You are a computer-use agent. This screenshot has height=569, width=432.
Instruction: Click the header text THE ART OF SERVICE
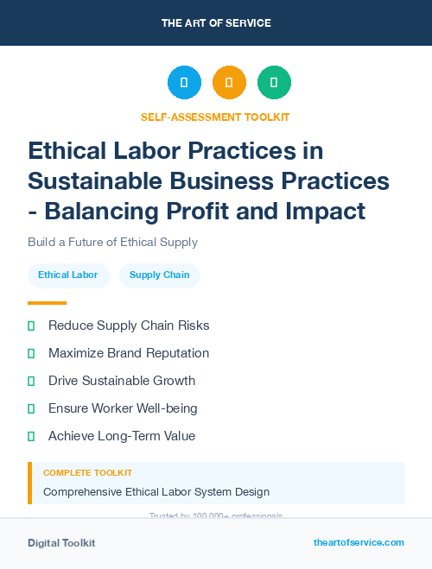216,23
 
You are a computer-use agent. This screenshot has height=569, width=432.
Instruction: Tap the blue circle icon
184,83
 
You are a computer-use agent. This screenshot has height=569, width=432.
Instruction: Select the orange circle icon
229,83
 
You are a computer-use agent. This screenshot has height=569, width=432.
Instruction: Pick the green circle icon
274,83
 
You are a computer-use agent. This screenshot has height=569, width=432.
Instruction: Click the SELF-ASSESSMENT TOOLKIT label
215,117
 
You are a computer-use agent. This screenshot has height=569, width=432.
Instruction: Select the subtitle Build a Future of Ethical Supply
112,243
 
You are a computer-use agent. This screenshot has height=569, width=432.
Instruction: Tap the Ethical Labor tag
68,275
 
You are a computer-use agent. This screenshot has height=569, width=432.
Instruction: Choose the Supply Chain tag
159,275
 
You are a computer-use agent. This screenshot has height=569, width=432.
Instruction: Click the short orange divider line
47,303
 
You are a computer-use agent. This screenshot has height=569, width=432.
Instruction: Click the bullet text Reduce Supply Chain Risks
129,326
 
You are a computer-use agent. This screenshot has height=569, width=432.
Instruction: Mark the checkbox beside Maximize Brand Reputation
31,353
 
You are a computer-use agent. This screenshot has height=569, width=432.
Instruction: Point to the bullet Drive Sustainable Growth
122,381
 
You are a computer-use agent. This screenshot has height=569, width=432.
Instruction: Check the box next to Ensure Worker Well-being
31,408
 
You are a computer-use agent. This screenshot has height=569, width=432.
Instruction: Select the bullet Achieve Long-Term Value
122,436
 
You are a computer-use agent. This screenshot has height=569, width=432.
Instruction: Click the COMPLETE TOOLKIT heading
87,473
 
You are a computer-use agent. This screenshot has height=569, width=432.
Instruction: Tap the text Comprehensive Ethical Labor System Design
156,492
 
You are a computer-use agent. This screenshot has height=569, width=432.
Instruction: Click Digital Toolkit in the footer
61,543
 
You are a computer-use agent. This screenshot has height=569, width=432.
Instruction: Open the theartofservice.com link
359,542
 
